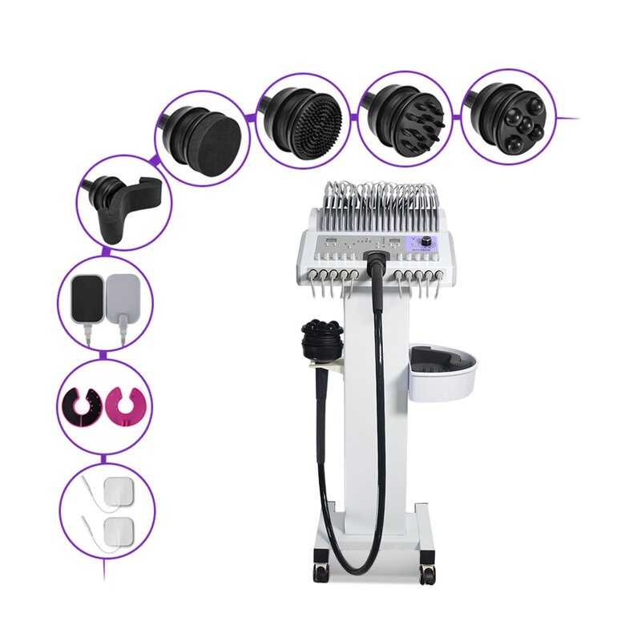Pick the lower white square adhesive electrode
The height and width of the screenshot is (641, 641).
point(120,529)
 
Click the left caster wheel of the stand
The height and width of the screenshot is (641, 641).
point(321,570)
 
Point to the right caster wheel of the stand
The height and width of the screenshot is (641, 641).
point(427,572)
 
